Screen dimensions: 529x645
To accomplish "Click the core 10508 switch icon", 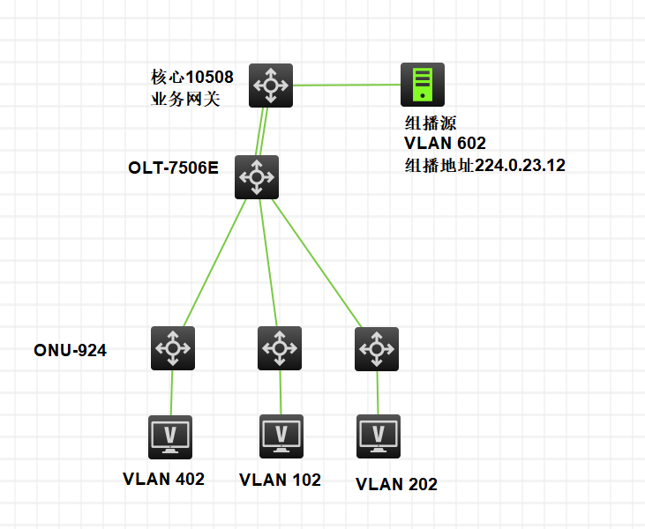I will [270, 86].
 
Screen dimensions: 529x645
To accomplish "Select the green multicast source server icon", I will [423, 85].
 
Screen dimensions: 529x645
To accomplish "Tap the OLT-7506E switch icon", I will [257, 177].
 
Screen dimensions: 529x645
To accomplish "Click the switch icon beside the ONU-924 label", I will [173, 348].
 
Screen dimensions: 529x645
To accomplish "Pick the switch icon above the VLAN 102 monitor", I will [280, 348].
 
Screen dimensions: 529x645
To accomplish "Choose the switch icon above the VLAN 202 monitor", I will [377, 349].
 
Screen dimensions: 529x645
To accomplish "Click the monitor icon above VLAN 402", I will [170, 436].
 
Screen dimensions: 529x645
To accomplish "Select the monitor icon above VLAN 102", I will [281, 436].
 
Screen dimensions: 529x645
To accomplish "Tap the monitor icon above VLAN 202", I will [379, 436].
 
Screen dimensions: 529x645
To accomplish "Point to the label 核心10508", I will [192, 78].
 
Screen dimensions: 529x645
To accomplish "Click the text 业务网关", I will [186, 99].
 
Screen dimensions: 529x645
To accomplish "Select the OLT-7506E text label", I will [173, 168].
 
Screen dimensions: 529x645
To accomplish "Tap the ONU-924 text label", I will [70, 351].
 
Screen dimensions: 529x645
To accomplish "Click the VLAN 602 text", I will [445, 143].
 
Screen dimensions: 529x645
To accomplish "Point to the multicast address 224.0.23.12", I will [520, 164].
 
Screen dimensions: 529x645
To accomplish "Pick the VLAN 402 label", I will [163, 479].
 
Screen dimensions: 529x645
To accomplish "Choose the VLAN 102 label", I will [280, 480].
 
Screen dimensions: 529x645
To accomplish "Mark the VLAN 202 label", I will [396, 484].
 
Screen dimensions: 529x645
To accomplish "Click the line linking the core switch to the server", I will [346, 86].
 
